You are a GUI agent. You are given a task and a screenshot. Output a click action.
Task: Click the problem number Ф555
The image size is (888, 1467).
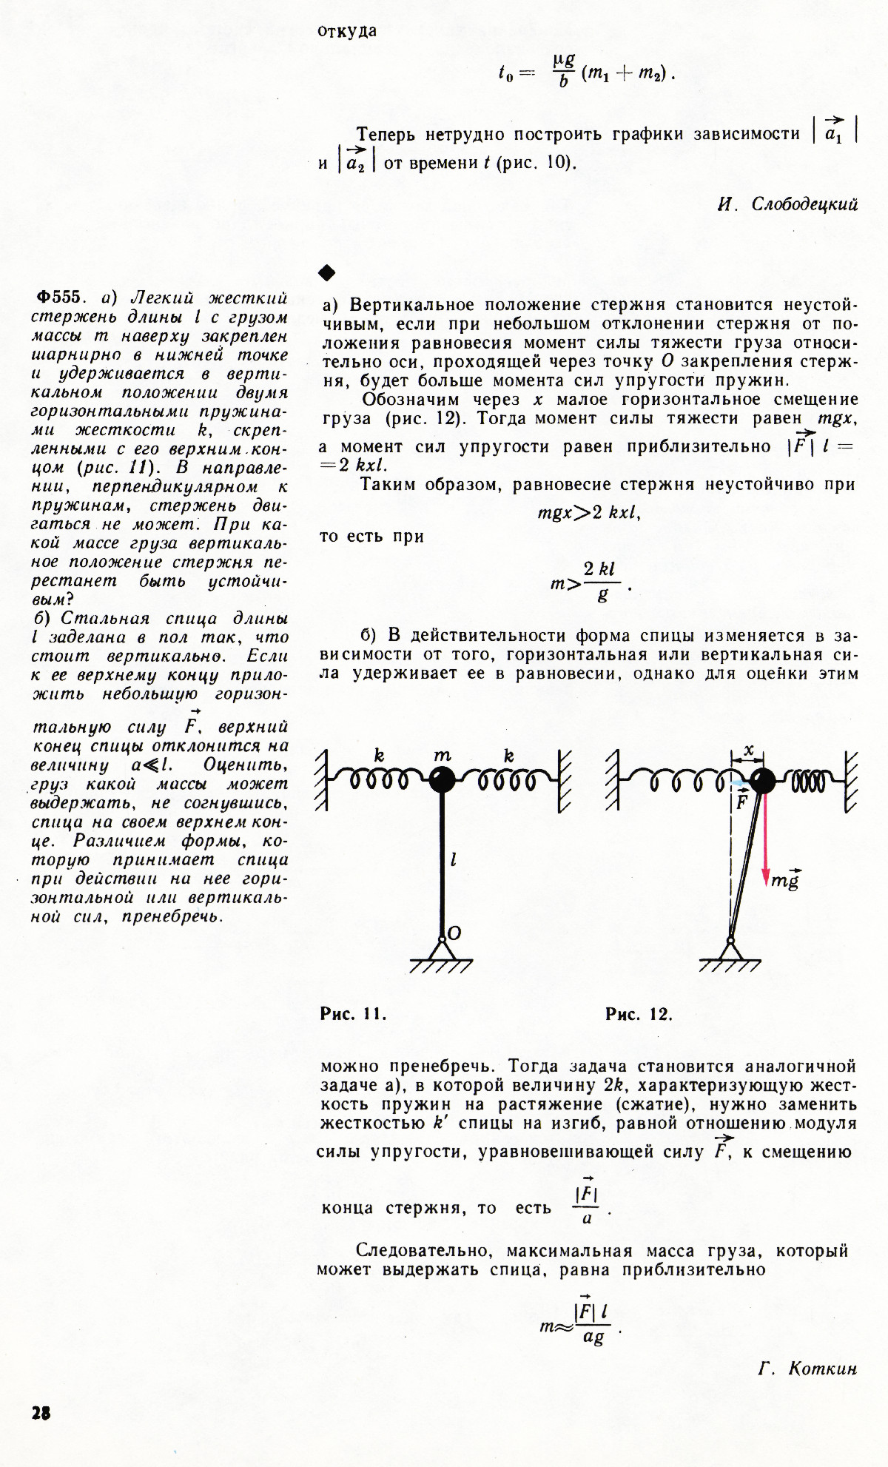pyautogui.click(x=59, y=298)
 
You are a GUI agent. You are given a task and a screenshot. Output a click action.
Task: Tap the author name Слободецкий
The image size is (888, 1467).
pyautogui.click(x=804, y=204)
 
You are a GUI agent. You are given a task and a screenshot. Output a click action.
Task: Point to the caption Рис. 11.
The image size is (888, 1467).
pyautogui.click(x=353, y=1014)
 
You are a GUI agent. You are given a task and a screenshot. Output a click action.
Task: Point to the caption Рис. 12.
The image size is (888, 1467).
pyautogui.click(x=639, y=1014)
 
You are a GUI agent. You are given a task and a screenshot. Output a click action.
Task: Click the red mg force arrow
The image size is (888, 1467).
pyautogui.click(x=767, y=836)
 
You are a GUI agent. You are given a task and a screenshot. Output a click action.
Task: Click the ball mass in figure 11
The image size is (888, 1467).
pyautogui.click(x=443, y=779)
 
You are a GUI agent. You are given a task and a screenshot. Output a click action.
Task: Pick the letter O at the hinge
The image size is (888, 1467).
pyautogui.click(x=454, y=934)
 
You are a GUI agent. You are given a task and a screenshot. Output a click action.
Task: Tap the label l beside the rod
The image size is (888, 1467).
pyautogui.click(x=453, y=859)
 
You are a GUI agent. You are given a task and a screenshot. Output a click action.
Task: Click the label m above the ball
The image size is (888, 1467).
pyautogui.click(x=442, y=755)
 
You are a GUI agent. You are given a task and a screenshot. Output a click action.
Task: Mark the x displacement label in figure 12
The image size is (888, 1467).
pyautogui.click(x=749, y=750)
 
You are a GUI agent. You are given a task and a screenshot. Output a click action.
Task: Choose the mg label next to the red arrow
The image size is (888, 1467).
pyautogui.click(x=785, y=880)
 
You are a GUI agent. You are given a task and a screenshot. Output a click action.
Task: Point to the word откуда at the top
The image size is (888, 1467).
pyautogui.click(x=347, y=31)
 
